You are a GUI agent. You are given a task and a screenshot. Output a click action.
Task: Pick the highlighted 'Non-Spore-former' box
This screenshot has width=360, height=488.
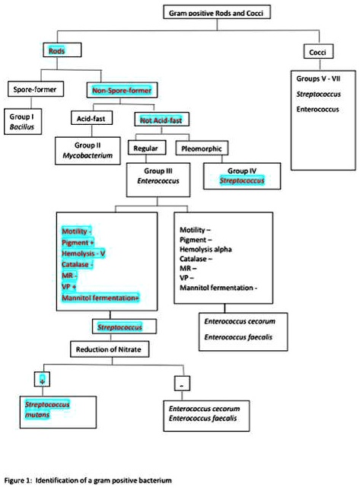(x=118, y=90)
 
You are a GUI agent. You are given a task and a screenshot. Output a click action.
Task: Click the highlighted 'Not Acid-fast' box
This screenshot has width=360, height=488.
(x=162, y=119)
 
